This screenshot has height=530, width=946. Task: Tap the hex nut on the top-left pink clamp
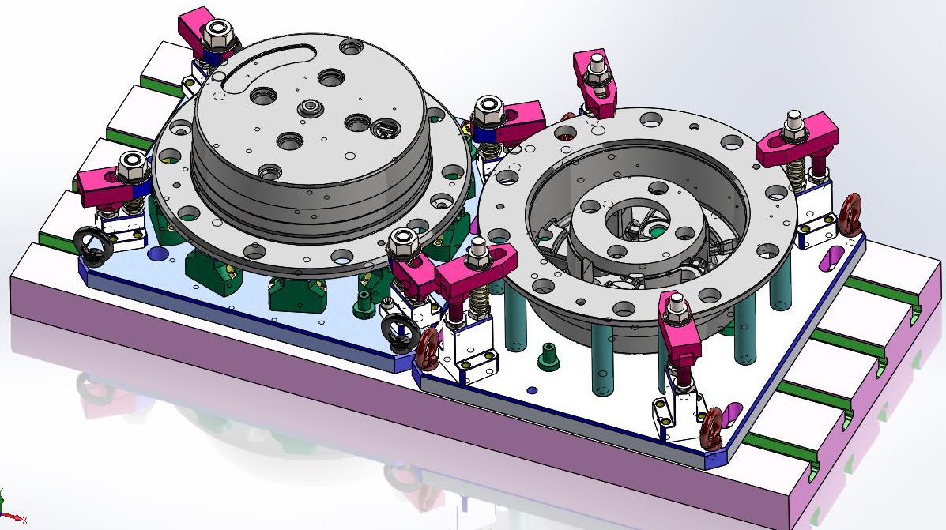click(x=216, y=34)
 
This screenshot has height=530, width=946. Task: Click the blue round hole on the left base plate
click(x=156, y=254)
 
